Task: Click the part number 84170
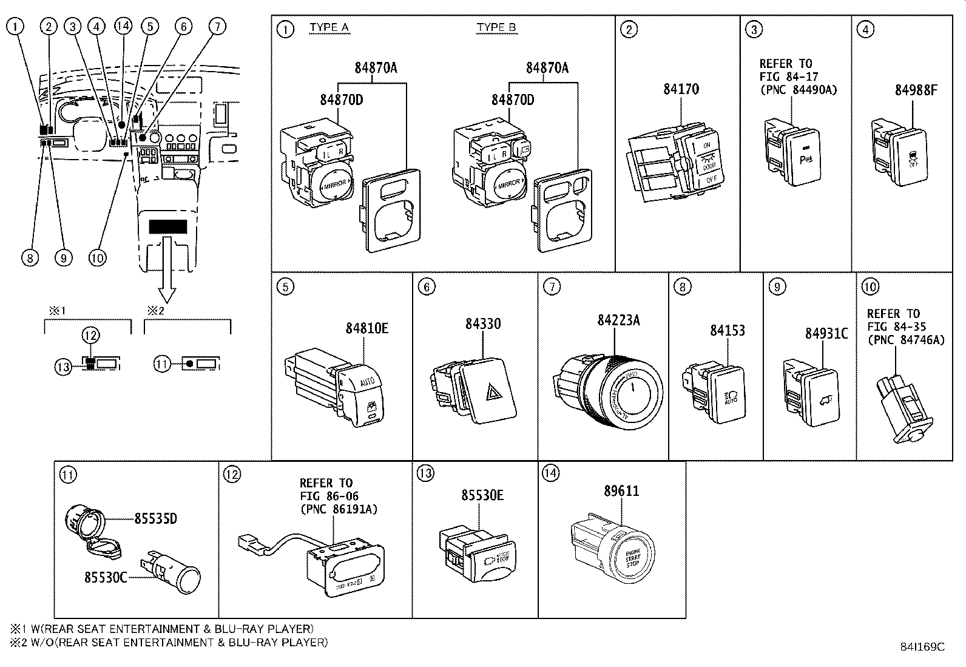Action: pos(681,89)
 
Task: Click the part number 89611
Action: pos(621,491)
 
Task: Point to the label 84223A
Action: pos(618,320)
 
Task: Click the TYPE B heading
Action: pos(496,27)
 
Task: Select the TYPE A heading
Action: pos(329,27)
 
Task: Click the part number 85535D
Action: pos(155,519)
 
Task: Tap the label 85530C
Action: pos(106,577)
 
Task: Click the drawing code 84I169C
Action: pos(922,647)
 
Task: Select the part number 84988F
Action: pos(916,90)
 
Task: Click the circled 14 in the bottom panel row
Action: pos(550,473)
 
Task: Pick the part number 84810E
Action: pos(366,328)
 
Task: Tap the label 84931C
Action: pos(826,333)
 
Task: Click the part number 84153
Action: pos(727,330)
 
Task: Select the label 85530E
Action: pos(482,495)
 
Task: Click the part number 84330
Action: pos(483,323)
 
